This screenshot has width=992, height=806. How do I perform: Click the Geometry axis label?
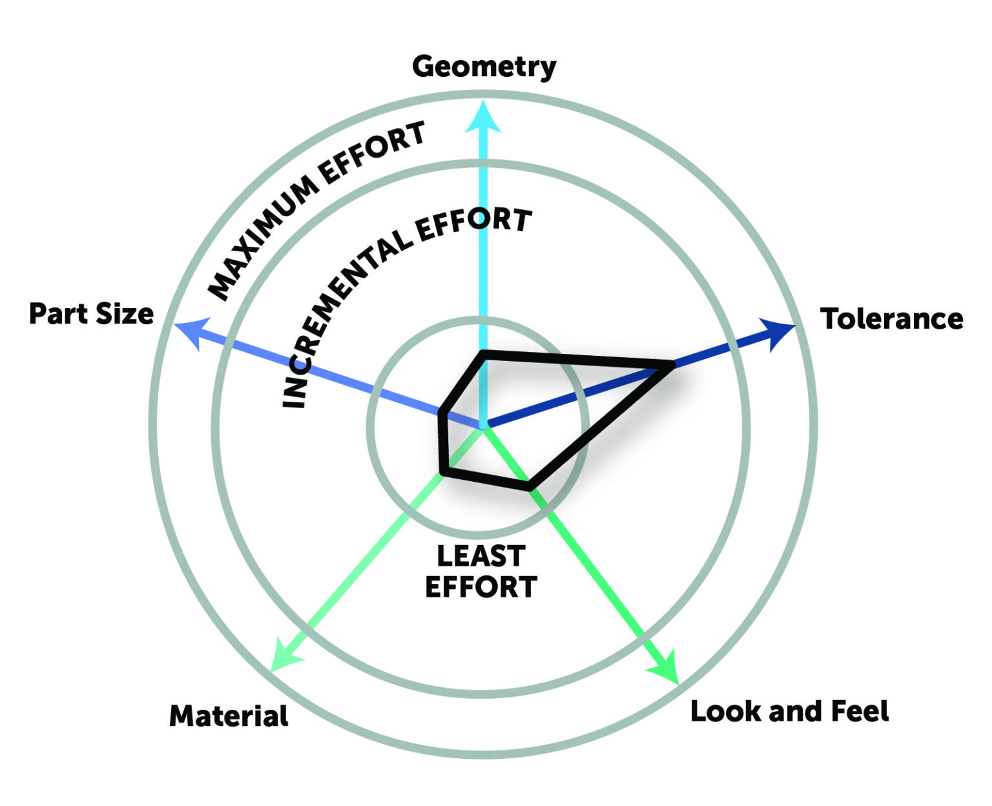pos(484,67)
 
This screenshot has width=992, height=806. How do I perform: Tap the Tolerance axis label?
pos(891,319)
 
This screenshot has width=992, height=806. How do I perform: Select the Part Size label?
pos(92,314)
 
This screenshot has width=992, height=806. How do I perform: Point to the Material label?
pos(229,716)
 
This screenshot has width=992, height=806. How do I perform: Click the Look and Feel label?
pos(789,711)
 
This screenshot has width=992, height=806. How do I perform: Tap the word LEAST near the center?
pos(480,556)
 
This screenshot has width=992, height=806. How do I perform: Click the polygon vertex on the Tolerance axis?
pos(672,366)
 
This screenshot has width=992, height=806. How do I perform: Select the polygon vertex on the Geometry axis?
pos(483,353)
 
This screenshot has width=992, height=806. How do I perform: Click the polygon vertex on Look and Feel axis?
pos(530,487)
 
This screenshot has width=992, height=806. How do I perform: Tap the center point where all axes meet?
pos(483,426)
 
